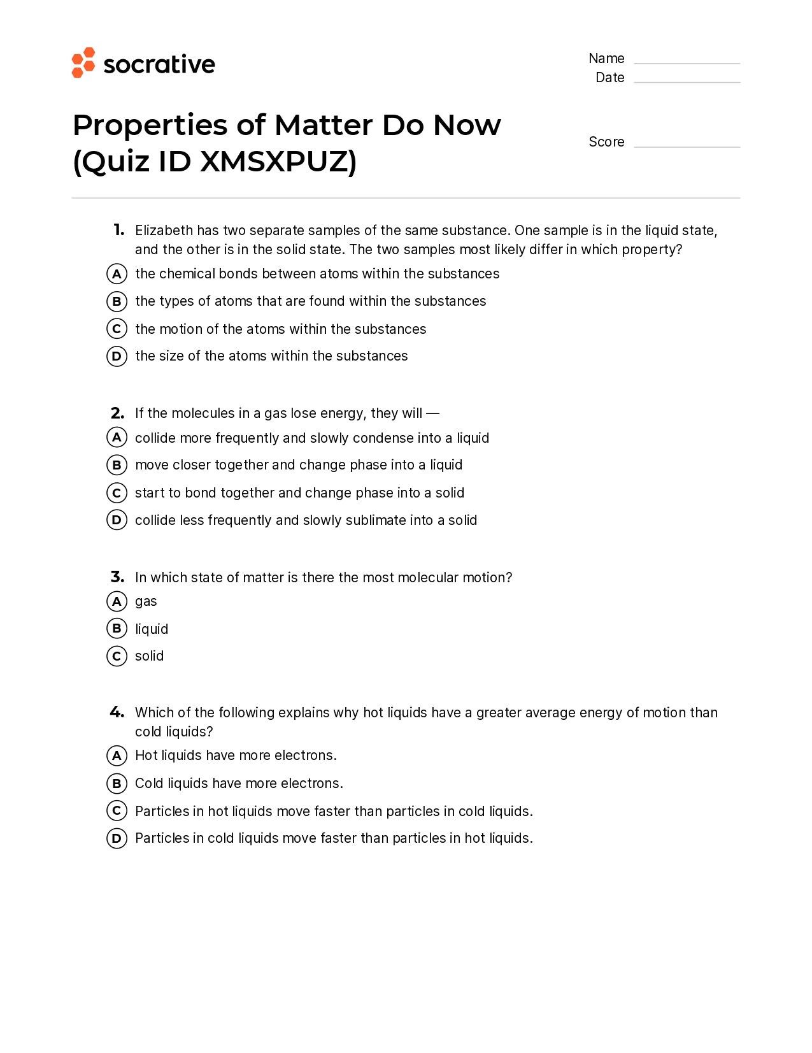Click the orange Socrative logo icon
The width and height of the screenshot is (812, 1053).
(83, 62)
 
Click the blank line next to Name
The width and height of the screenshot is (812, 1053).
(687, 62)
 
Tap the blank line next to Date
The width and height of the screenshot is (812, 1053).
(687, 82)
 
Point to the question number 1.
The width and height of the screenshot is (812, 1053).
(119, 230)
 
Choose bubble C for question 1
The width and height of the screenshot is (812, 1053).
(117, 329)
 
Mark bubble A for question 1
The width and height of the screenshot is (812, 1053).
(117, 274)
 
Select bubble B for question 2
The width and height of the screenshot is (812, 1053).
(117, 465)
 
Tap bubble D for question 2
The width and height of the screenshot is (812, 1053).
(117, 520)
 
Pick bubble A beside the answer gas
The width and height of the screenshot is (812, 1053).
(117, 601)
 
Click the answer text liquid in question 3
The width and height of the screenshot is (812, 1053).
(152, 629)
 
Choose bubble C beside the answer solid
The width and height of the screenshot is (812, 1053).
(117, 656)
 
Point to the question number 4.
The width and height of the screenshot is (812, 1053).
(117, 712)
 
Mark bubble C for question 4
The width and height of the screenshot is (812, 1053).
(117, 811)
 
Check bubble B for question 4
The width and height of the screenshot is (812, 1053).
(117, 783)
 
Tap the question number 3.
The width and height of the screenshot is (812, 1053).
(117, 577)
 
